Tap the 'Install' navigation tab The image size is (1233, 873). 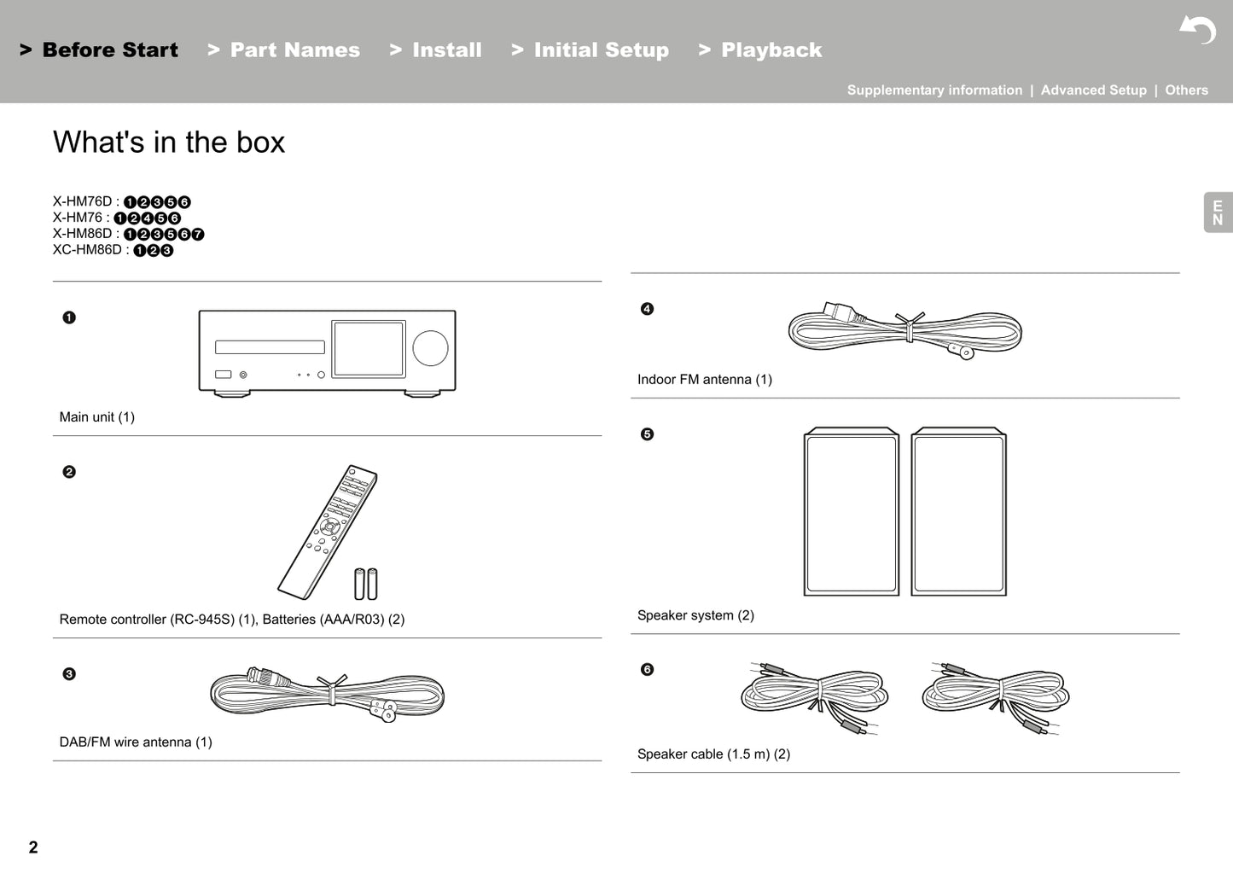(x=436, y=50)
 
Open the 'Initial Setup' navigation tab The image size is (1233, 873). (x=590, y=50)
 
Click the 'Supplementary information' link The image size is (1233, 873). (x=934, y=90)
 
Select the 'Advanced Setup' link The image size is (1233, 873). (x=1093, y=90)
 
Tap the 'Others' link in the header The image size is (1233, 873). (x=1186, y=90)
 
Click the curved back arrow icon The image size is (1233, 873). (x=1199, y=30)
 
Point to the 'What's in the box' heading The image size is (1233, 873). (x=169, y=143)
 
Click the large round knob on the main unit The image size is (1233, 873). (x=430, y=348)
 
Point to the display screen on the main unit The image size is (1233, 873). (x=368, y=349)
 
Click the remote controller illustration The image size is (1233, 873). (x=327, y=532)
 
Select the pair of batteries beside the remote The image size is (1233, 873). (x=366, y=585)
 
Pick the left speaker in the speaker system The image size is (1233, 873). (x=851, y=512)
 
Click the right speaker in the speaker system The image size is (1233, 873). (x=958, y=512)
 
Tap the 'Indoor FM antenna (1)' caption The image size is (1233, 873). (x=704, y=380)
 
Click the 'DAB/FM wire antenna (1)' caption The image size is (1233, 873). (x=136, y=742)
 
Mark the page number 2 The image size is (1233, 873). (x=33, y=847)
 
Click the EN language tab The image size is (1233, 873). (x=1218, y=212)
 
